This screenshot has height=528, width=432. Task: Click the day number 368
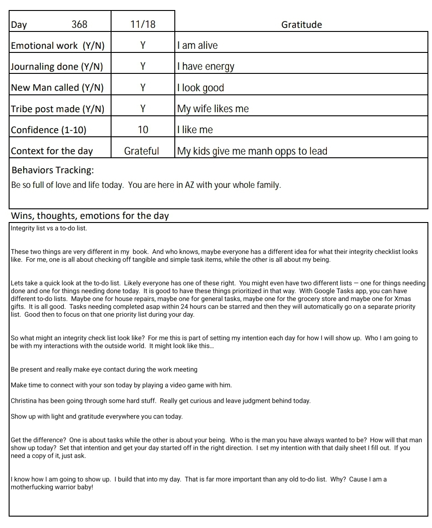[79, 24]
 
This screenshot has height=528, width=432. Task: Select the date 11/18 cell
[142, 24]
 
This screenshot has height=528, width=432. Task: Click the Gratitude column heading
[301, 25]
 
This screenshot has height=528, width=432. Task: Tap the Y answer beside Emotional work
[142, 45]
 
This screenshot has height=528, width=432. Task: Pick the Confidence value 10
[143, 129]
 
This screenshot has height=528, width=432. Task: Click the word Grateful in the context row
[142, 151]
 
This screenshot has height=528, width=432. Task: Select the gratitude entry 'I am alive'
[198, 45]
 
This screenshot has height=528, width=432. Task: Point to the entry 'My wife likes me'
[213, 109]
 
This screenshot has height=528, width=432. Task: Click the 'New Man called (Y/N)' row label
[57, 88]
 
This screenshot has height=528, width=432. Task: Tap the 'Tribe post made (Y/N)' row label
[58, 109]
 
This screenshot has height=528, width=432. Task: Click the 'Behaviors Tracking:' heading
[53, 171]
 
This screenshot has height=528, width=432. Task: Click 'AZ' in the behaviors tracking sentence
[189, 186]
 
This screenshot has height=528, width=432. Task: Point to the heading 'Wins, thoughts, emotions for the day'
[90, 216]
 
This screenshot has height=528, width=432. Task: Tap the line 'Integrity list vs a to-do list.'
[49, 228]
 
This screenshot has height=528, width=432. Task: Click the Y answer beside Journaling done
[142, 67]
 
